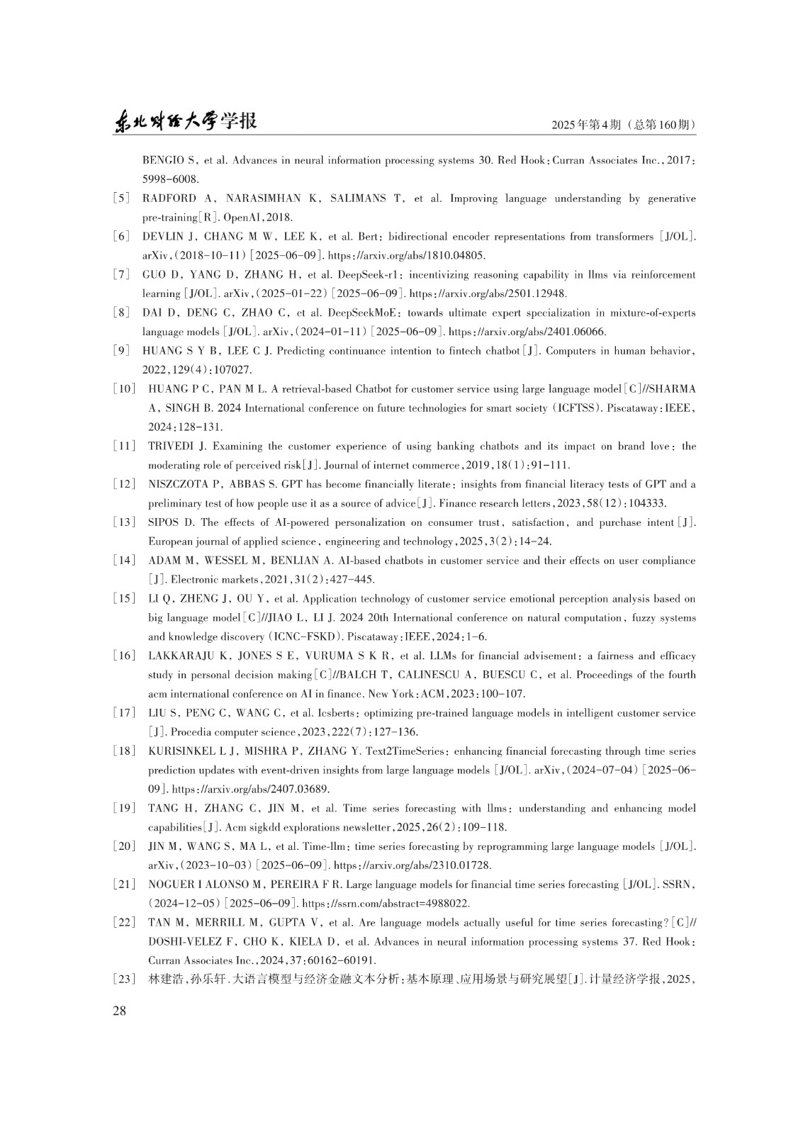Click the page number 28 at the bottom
120,1011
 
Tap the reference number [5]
121,198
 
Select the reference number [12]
124,485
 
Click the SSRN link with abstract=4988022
386,904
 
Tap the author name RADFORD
169,198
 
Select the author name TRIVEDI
170,447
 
